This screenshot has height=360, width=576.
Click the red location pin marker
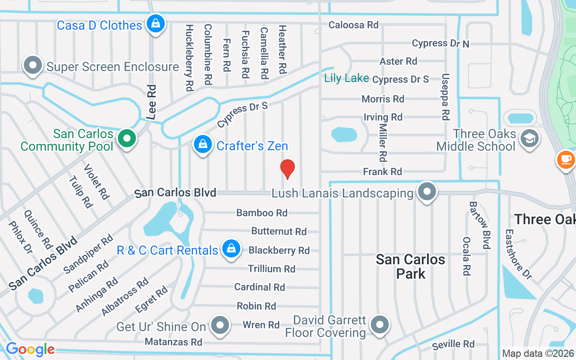(x=288, y=169)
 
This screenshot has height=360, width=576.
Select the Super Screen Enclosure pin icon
(x=33, y=65)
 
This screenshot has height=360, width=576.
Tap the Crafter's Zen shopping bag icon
(x=203, y=144)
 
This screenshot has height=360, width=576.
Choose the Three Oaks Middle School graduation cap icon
(x=529, y=138)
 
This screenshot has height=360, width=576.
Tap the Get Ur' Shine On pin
(x=220, y=324)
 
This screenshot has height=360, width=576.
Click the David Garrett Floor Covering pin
(x=380, y=324)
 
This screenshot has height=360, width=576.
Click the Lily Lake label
(x=346, y=78)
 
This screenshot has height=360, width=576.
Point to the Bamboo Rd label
(x=262, y=212)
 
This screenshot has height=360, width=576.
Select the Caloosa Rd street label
(x=353, y=25)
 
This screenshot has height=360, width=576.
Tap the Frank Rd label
(x=382, y=171)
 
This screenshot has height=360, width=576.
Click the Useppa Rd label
(x=445, y=97)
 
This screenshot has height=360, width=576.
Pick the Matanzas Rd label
(x=174, y=342)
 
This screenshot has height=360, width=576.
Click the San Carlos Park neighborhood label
(x=410, y=266)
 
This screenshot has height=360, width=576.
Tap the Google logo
(x=30, y=349)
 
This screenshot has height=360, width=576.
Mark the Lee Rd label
(x=152, y=102)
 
